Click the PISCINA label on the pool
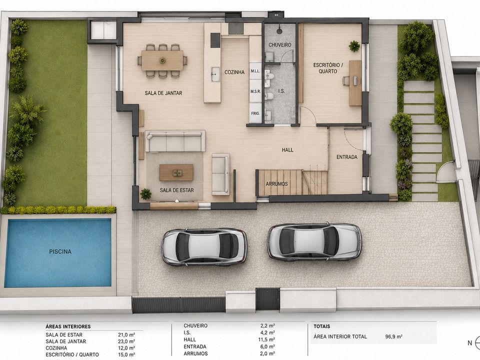(x=60, y=251)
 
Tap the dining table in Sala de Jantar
(x=162, y=60)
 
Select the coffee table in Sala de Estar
(x=176, y=172)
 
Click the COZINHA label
(x=234, y=72)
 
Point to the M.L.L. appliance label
(x=255, y=71)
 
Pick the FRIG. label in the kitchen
(x=255, y=113)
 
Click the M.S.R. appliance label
(x=255, y=91)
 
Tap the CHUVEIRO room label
(x=280, y=45)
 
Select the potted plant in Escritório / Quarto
(x=354, y=46)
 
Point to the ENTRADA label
(x=347, y=157)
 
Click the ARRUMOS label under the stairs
(x=276, y=184)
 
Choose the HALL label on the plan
(x=287, y=149)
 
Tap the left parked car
(x=204, y=246)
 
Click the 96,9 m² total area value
(x=393, y=336)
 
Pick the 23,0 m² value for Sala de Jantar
(x=126, y=341)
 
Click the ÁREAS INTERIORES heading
(x=68, y=326)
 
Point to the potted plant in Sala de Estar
(x=145, y=194)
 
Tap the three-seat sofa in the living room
(x=175, y=141)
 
